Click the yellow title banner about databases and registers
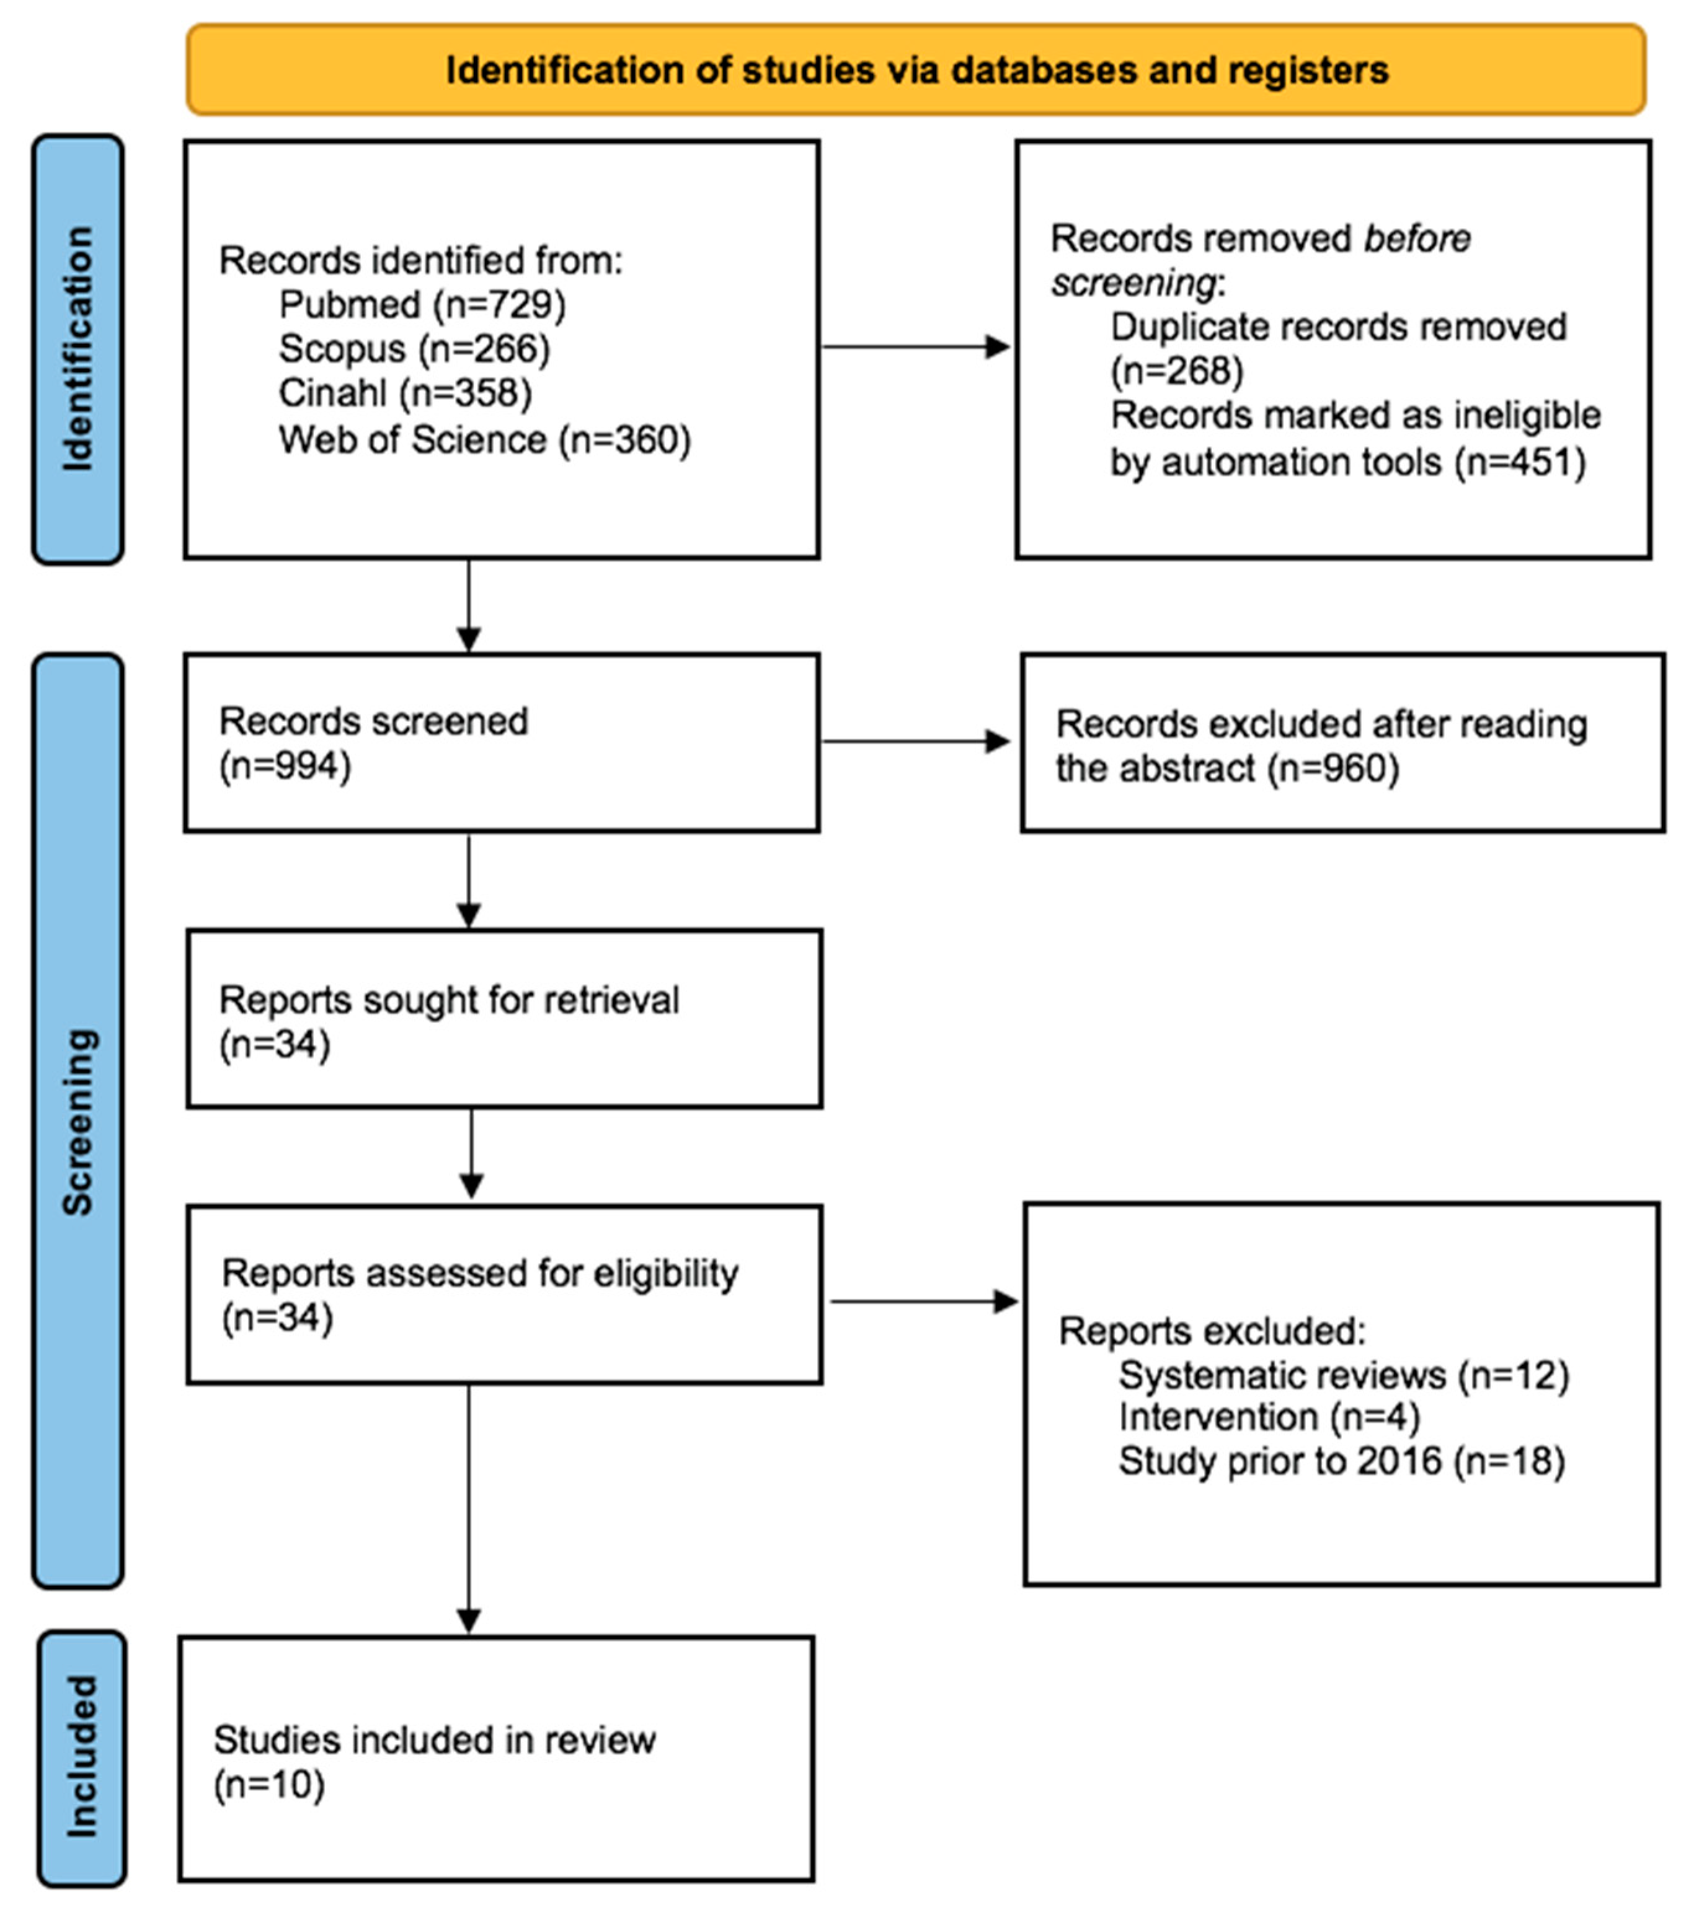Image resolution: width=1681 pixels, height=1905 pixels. pos(916,71)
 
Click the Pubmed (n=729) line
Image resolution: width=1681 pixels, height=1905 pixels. pos(422,305)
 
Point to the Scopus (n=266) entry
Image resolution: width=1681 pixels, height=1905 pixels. pos(414,348)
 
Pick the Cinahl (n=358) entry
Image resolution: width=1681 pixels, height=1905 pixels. pos(405,392)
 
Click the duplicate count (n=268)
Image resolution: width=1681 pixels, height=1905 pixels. pos(1177,371)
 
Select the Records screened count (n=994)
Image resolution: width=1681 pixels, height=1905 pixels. pos(285,766)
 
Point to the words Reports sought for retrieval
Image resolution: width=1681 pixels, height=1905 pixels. pos(448,1000)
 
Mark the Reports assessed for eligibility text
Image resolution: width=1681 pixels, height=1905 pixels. pos(480,1273)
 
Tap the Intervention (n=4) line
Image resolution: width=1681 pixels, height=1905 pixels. pos(1269,1417)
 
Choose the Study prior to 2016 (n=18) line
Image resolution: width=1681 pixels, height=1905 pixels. pos(1341,1461)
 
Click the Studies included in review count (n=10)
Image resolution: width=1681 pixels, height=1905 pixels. pos(270,1785)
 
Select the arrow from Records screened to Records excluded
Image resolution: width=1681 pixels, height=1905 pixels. pos(916,742)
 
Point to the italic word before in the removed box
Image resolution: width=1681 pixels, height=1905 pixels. pos(1417,239)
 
